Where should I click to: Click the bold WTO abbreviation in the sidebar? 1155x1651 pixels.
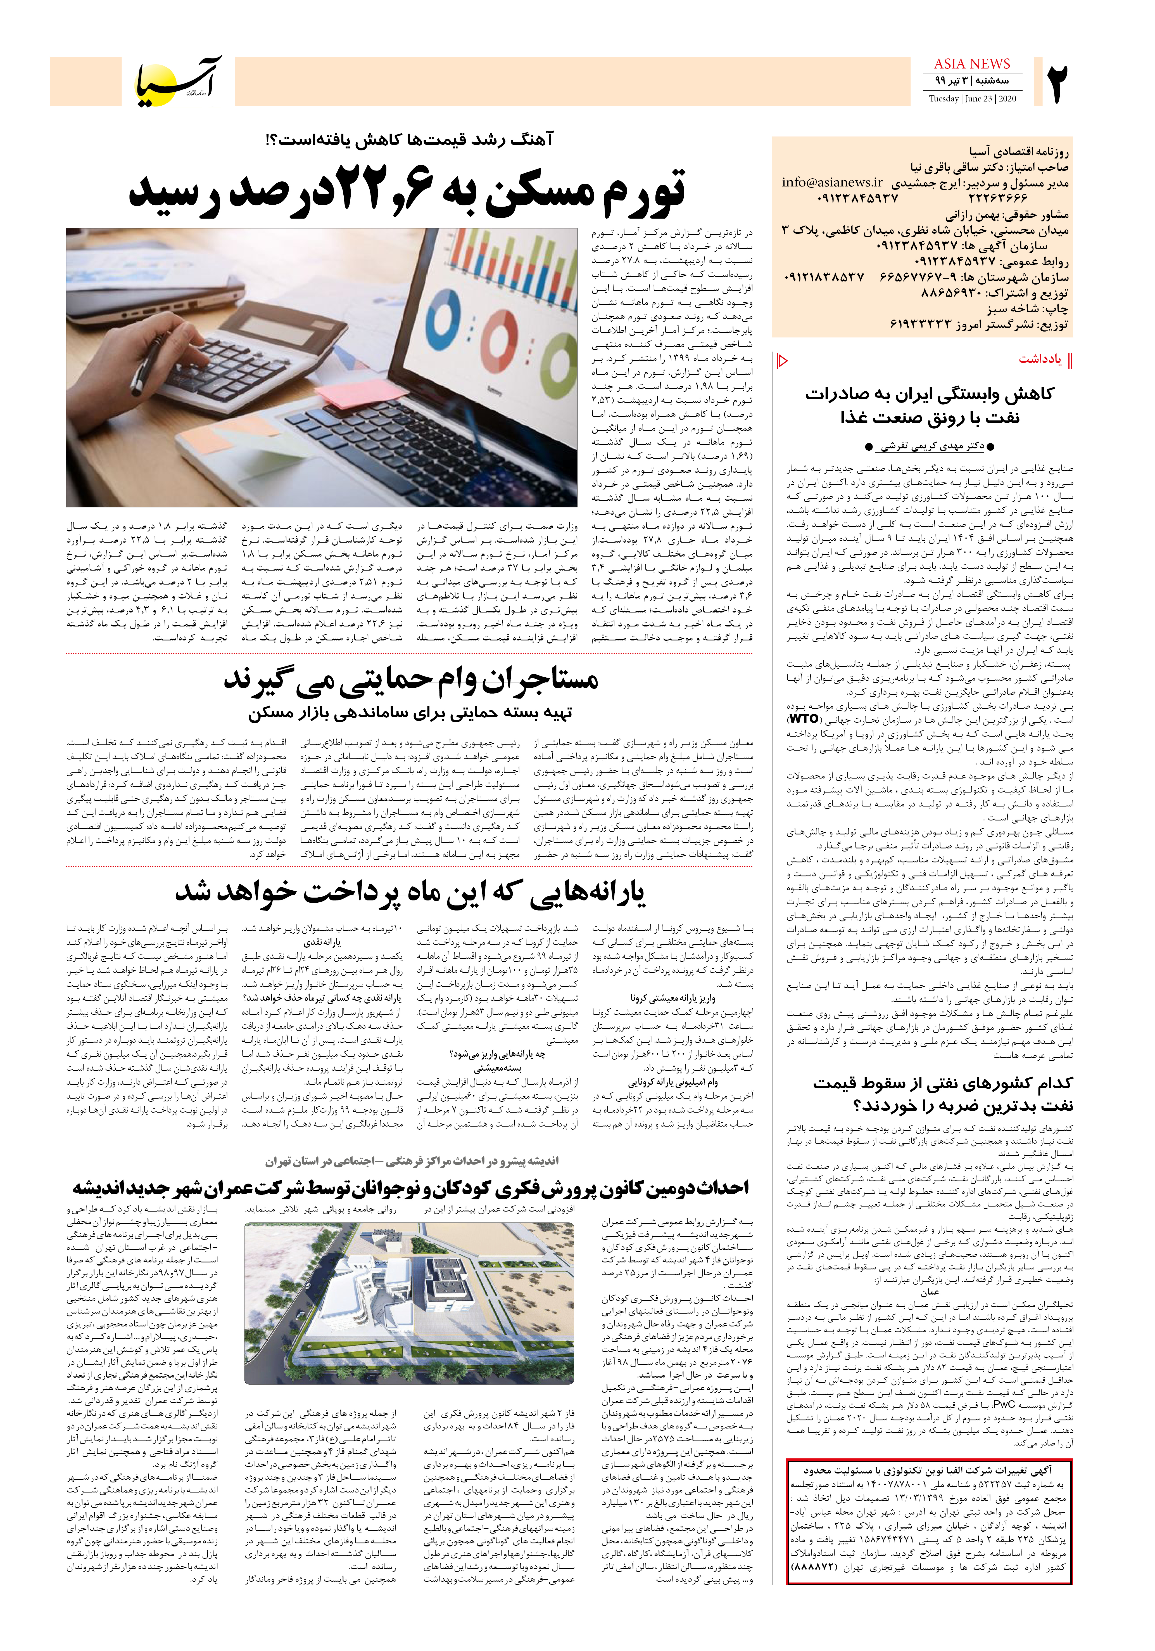804,718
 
